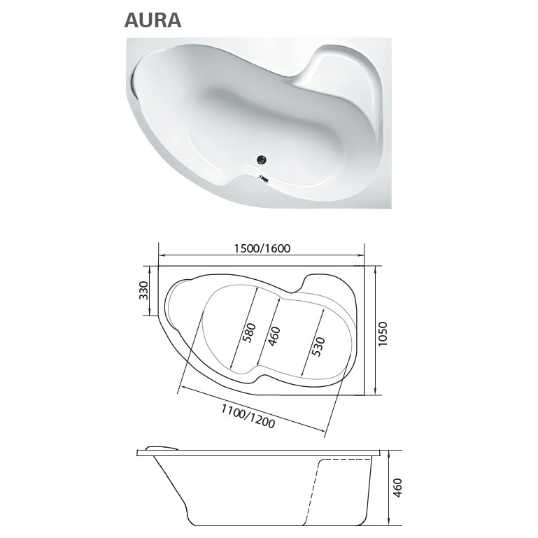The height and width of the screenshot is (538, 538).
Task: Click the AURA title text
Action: coord(153,20)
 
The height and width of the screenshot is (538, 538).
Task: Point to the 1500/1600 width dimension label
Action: coord(262,248)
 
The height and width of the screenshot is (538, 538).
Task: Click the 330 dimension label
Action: coord(143,290)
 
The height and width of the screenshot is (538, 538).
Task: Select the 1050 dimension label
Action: coord(383,334)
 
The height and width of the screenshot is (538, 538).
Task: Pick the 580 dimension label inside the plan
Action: coord(249,332)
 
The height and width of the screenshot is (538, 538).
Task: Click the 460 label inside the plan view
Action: coord(274,337)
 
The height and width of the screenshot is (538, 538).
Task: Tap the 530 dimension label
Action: coord(318,346)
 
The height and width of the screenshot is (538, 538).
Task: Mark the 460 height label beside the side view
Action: coord(397,488)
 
